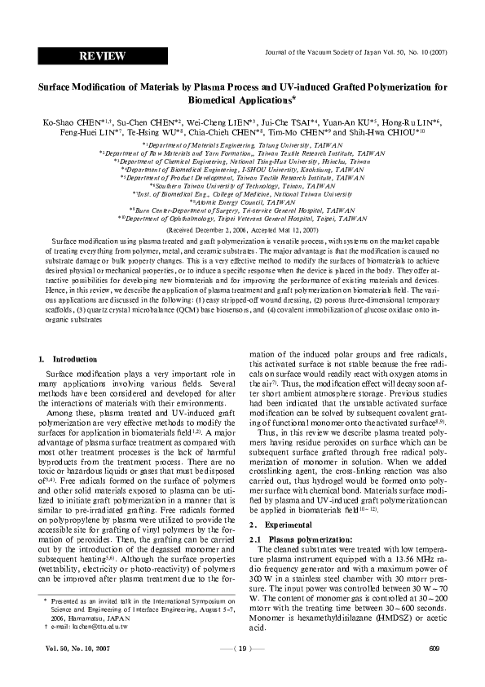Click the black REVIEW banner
[102, 55]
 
